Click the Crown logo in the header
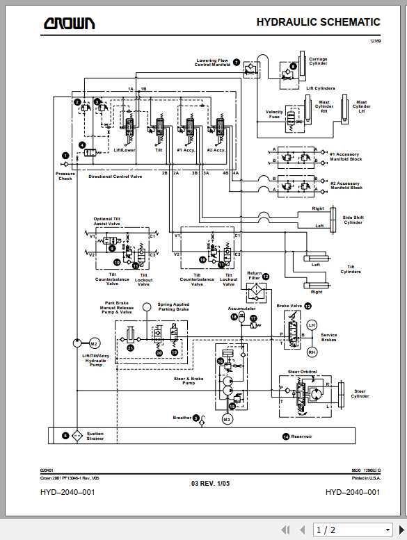tap(70, 24)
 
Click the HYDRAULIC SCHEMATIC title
tap(318, 22)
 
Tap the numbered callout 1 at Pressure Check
tap(65, 156)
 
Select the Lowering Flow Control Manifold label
tap(212, 63)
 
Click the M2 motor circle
tap(95, 343)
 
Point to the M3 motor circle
tap(227, 419)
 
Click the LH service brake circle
tap(311, 325)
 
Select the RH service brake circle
tap(311, 352)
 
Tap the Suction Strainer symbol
tap(77, 436)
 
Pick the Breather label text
tap(182, 418)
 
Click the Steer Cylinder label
tap(360, 393)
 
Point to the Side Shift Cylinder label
tap(353, 220)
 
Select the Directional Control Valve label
tap(115, 177)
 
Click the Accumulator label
tap(241, 309)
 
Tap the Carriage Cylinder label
tap(318, 61)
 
